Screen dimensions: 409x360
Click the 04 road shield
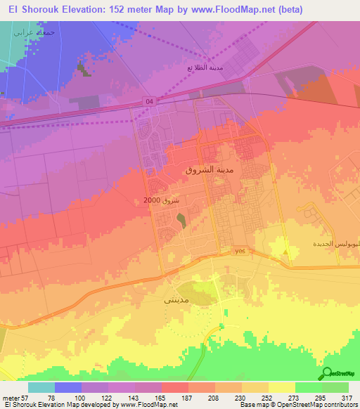(148, 100)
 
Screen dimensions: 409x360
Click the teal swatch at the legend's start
(41, 387)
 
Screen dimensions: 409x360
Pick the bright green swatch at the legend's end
(335, 387)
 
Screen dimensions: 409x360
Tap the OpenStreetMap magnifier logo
(327, 373)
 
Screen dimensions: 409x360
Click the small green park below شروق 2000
(182, 221)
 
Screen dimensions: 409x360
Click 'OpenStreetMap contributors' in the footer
(324, 405)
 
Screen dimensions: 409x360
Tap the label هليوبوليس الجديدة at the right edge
(337, 244)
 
